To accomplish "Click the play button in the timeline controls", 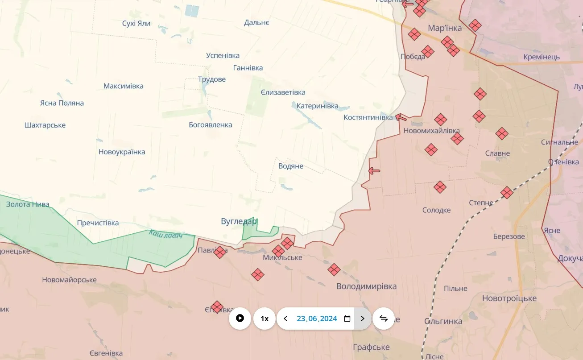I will (x=240, y=319).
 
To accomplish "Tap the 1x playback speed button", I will (x=265, y=319).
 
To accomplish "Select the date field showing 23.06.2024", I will (x=317, y=319).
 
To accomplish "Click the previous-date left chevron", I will (x=286, y=319).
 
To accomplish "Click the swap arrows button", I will (x=383, y=319).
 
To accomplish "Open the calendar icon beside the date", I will (x=347, y=319).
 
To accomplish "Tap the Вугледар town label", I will (x=239, y=221).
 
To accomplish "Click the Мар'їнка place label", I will (x=445, y=28).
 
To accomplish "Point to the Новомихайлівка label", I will (x=431, y=131).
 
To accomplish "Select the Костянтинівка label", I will (x=368, y=117).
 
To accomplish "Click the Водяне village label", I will (x=291, y=166).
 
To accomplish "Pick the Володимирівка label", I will (x=366, y=286).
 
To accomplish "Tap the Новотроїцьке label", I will (x=509, y=298).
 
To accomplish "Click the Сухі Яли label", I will (x=136, y=23).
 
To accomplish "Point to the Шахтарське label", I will (x=45, y=125).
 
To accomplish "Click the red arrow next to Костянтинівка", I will (x=401, y=118).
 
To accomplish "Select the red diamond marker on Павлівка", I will (x=219, y=252).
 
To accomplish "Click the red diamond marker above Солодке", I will (x=440, y=187).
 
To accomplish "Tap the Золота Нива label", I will (x=28, y=204).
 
